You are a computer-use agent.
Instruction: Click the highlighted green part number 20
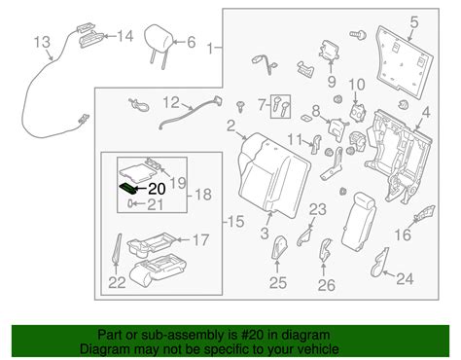127,188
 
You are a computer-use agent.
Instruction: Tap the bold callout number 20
157,189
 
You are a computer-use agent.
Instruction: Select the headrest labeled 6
158,41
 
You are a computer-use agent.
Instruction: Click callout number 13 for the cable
43,42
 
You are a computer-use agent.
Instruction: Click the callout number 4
426,113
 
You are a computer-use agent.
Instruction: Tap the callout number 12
171,102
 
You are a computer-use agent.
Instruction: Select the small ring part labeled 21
130,203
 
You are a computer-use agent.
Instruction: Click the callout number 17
200,240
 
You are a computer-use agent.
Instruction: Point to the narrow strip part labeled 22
117,248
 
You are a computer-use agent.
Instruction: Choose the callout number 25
278,282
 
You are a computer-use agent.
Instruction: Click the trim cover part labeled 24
379,263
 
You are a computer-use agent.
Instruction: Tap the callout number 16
403,234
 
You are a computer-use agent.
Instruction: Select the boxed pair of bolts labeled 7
281,106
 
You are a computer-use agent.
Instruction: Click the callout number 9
332,82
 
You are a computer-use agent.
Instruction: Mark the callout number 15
235,222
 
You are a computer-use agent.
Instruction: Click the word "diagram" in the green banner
307,335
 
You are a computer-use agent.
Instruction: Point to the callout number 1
210,49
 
